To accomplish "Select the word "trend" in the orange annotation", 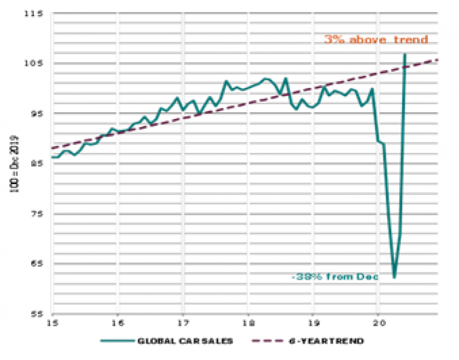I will pyautogui.click(x=411, y=40).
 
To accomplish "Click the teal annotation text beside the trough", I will pyautogui.click(x=334, y=277).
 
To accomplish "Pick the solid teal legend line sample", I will pyautogui.click(x=117, y=340).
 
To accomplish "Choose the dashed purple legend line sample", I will pyautogui.click(x=267, y=340).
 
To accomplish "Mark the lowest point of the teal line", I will pyautogui.click(x=394, y=277).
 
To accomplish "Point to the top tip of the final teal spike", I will pyautogui.click(x=404, y=55).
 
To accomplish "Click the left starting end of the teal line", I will pyautogui.click(x=52, y=157).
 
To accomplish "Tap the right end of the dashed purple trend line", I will pyautogui.click(x=437, y=60).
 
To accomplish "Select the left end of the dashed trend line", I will pyautogui.click(x=52, y=148).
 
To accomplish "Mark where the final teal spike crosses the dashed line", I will pyautogui.click(x=404, y=68).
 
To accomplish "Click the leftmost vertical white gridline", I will pyautogui.click(x=53, y=191).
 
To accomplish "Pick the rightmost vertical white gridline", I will pyautogui.click(x=378, y=191).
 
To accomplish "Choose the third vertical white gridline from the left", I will pyautogui.click(x=183, y=191).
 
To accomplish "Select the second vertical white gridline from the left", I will pyautogui.click(x=118, y=191).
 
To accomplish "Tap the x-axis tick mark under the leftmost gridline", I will pyautogui.click(x=53, y=316).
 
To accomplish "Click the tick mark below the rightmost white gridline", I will pyautogui.click(x=378, y=316).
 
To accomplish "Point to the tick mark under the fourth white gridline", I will pyautogui.click(x=248, y=316).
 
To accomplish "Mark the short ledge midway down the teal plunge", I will pyautogui.click(x=381, y=142).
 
